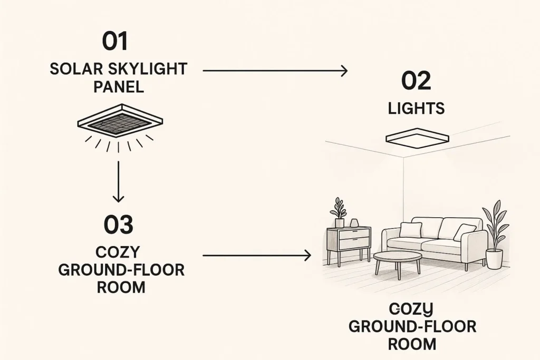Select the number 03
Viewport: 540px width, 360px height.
[x=118, y=225]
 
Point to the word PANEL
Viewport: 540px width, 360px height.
[x=119, y=87]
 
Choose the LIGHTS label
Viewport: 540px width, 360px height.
[x=416, y=109]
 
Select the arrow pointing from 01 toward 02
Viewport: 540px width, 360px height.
[x=275, y=70]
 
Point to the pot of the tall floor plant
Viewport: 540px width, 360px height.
[x=494, y=258]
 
